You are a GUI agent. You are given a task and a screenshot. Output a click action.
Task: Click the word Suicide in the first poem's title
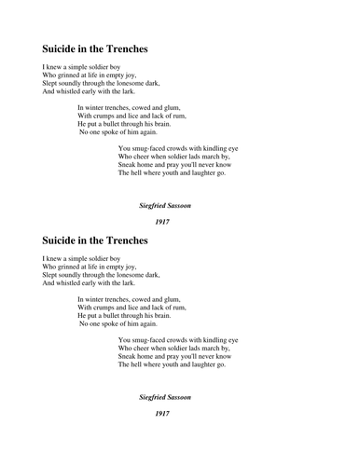(63, 48)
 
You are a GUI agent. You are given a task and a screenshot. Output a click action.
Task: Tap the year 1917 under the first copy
(162, 222)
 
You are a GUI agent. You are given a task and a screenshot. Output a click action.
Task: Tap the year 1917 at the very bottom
(162, 413)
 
